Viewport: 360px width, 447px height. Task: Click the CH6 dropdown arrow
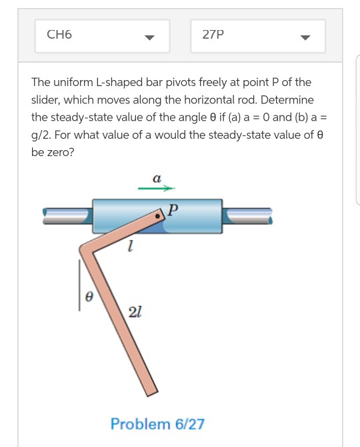point(150,37)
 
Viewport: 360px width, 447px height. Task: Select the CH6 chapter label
point(59,35)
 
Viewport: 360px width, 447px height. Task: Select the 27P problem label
point(213,35)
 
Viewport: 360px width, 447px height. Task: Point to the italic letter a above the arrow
point(156,178)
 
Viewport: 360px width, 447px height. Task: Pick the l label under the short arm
point(131,249)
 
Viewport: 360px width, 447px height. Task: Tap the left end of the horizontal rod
point(45,214)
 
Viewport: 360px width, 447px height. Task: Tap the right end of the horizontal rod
point(271,213)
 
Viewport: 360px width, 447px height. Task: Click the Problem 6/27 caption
point(157,424)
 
